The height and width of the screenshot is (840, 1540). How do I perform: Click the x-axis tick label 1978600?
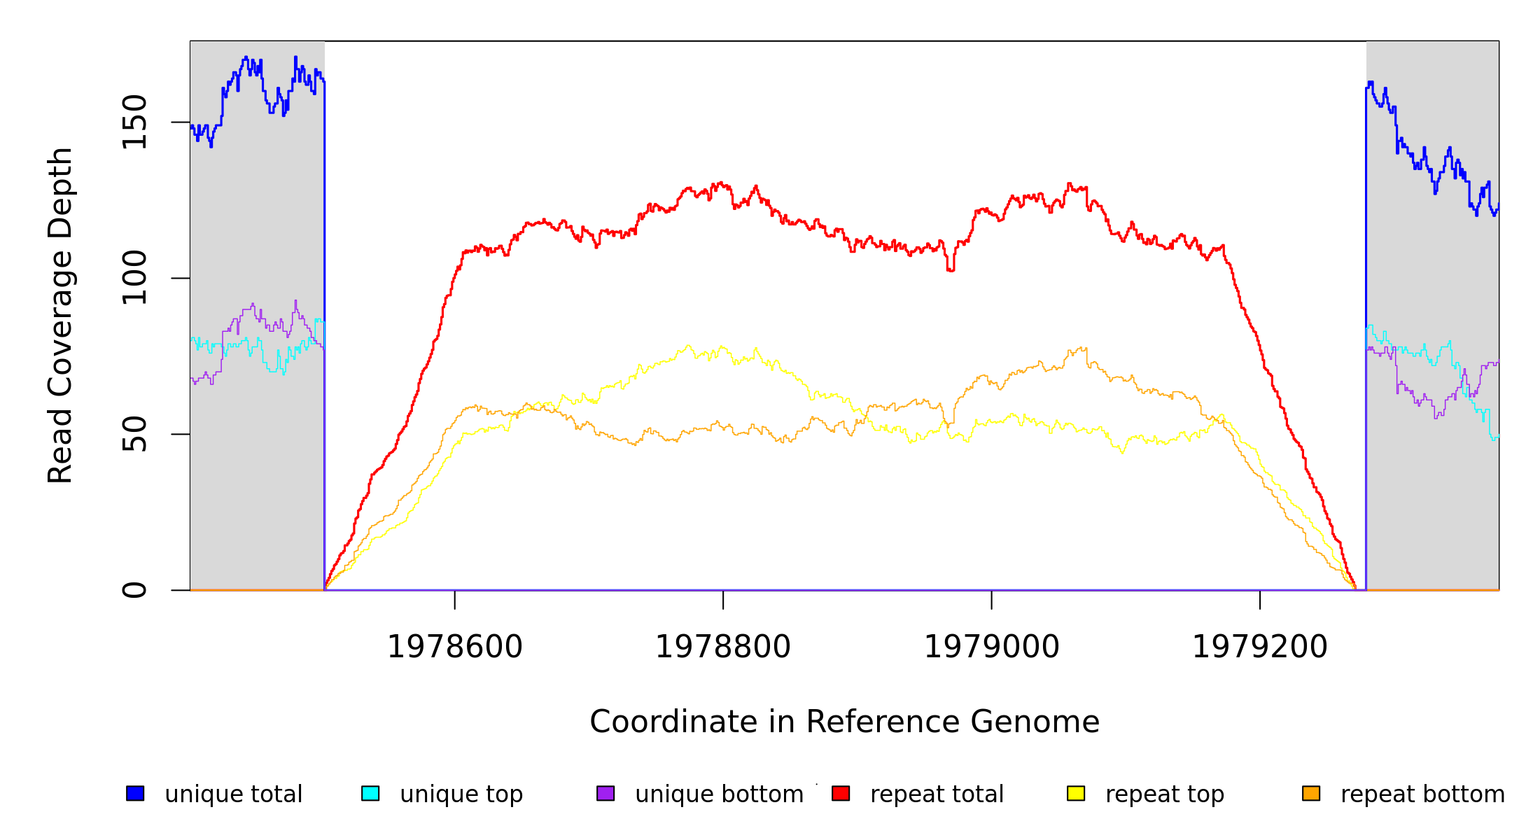pos(454,647)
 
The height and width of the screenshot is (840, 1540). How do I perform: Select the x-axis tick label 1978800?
pos(722,647)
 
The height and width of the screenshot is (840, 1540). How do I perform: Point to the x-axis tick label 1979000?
pos(991,647)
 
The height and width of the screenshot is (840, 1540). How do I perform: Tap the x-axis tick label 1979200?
pos(1259,647)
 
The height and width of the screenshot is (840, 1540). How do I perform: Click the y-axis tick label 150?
pos(134,122)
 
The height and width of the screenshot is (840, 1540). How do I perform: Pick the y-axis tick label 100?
pos(134,278)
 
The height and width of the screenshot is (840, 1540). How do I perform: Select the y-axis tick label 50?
pos(134,434)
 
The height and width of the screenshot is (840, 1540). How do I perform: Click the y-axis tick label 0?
pos(134,590)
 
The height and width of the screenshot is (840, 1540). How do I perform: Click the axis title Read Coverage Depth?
pos(60,315)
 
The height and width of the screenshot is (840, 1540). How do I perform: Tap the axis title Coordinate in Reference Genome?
pos(844,722)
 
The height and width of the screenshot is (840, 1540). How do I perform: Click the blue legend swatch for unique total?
pos(135,793)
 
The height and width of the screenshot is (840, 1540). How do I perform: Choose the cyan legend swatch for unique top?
pos(370,793)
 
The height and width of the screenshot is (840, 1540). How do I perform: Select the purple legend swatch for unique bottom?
pos(605,793)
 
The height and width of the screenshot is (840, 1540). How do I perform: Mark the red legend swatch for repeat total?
pos(841,793)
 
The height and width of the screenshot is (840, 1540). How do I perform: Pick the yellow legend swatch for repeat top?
pos(1076,793)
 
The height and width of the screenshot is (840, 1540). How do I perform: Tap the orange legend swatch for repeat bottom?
pos(1311,793)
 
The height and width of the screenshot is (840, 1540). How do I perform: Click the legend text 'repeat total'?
pos(937,794)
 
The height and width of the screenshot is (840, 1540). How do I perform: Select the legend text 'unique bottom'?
pos(719,794)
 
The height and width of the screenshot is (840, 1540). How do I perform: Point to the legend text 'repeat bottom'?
pos(1422,794)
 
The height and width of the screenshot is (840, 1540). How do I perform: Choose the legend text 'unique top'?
pos(461,794)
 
